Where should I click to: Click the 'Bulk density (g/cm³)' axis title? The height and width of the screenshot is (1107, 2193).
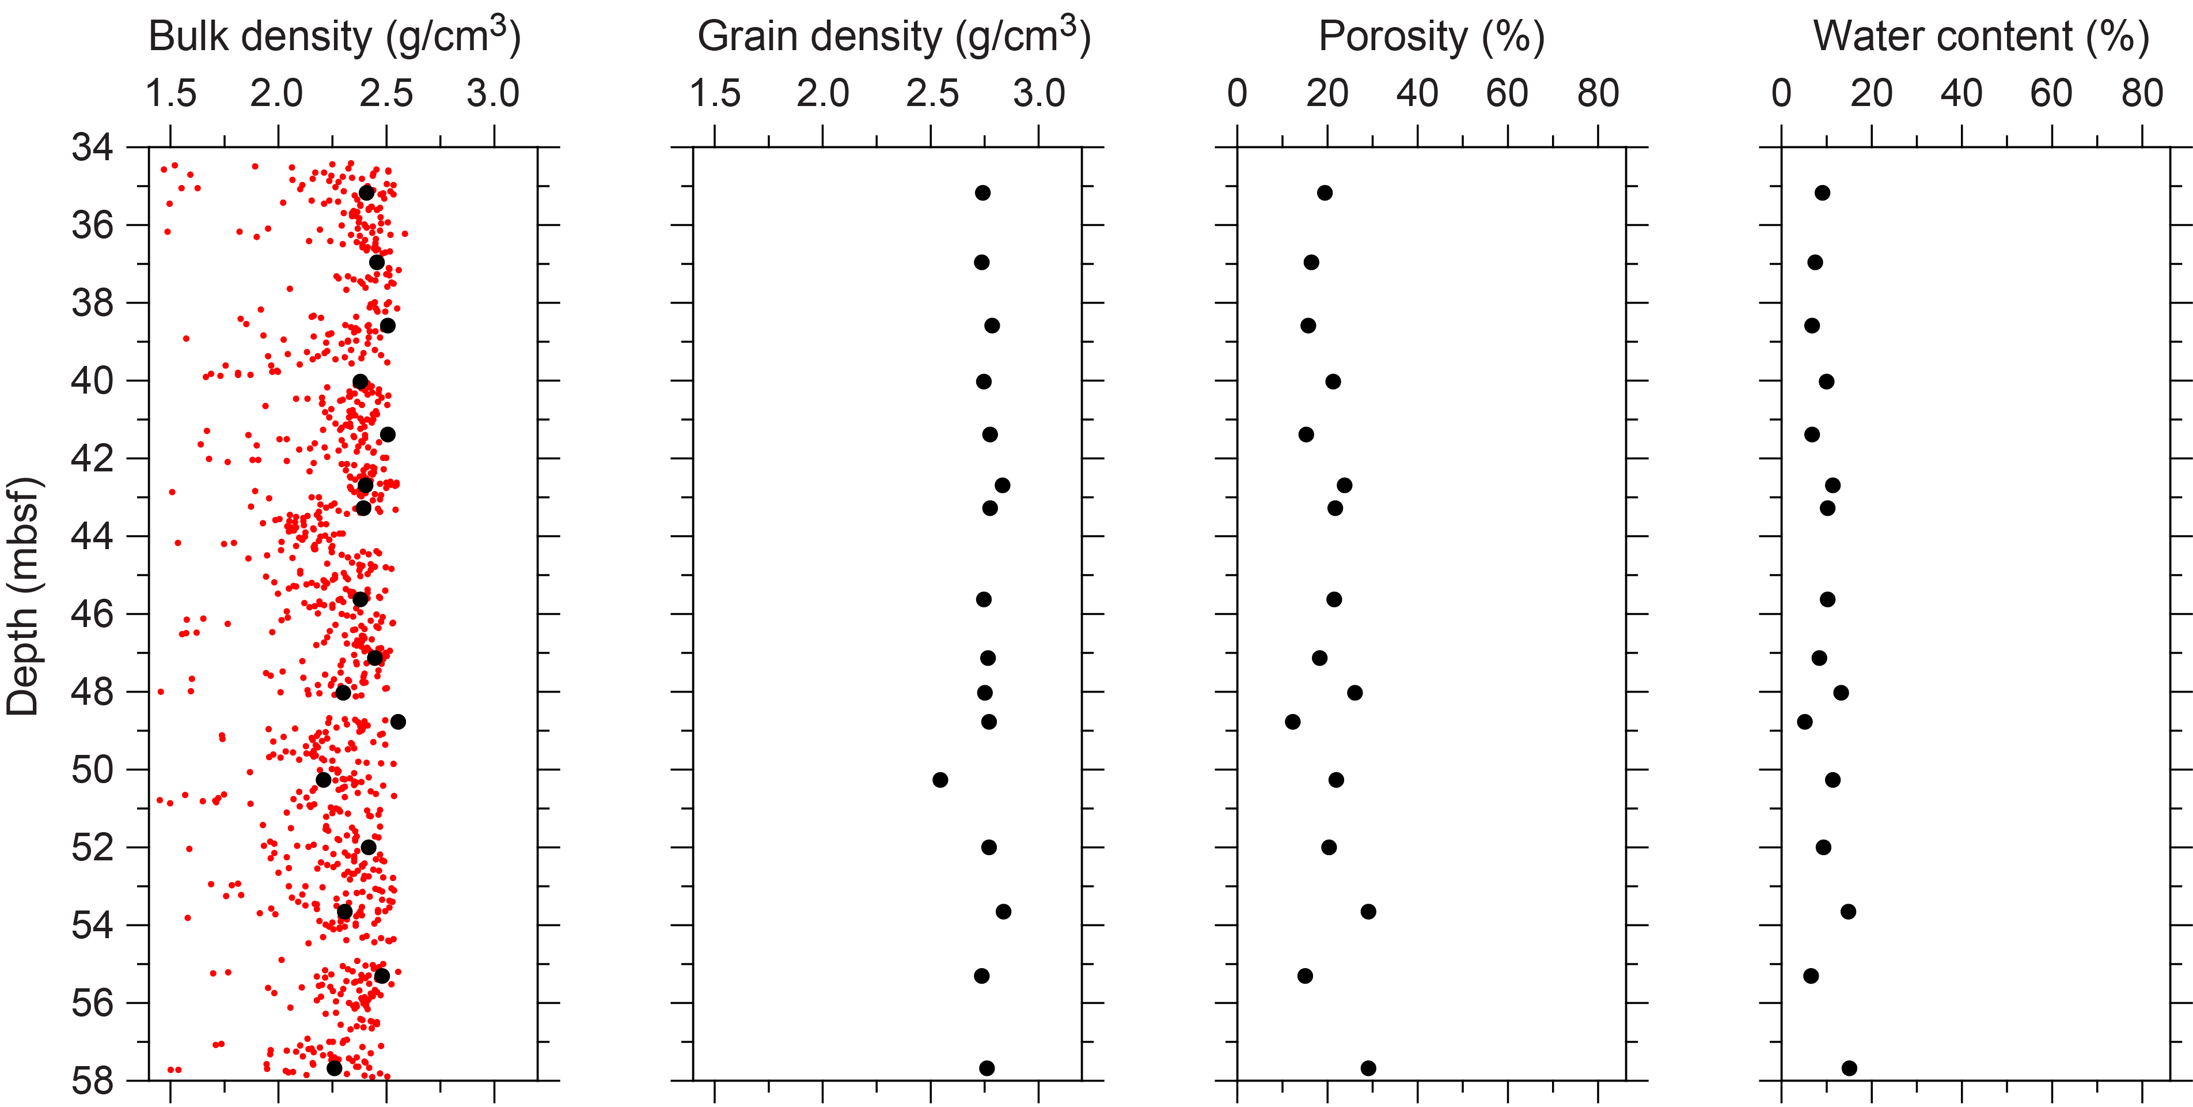pyautogui.click(x=335, y=37)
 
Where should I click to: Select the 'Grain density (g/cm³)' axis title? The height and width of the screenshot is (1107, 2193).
pyautogui.click(x=894, y=37)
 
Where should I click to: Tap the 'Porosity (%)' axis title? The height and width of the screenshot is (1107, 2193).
pyautogui.click(x=1431, y=37)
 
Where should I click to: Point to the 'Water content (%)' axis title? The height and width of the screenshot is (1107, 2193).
pyautogui.click(x=1981, y=37)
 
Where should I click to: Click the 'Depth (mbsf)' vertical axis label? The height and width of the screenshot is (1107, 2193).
pyautogui.click(x=23, y=596)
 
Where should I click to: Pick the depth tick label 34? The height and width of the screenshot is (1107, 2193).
pyautogui.click(x=92, y=148)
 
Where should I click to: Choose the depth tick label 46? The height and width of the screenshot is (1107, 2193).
pyautogui.click(x=92, y=614)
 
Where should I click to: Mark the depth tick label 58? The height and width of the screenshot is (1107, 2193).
pyautogui.click(x=92, y=1080)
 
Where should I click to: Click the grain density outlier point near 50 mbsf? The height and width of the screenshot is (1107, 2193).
pyautogui.click(x=940, y=780)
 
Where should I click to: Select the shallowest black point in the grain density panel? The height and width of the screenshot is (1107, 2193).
pyautogui.click(x=982, y=193)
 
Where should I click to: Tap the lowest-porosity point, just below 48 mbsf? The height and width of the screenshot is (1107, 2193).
pyautogui.click(x=1292, y=722)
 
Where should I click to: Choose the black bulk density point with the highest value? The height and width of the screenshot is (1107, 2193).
pyautogui.click(x=397, y=722)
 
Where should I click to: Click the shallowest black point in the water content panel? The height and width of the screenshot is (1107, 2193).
pyautogui.click(x=1822, y=193)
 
